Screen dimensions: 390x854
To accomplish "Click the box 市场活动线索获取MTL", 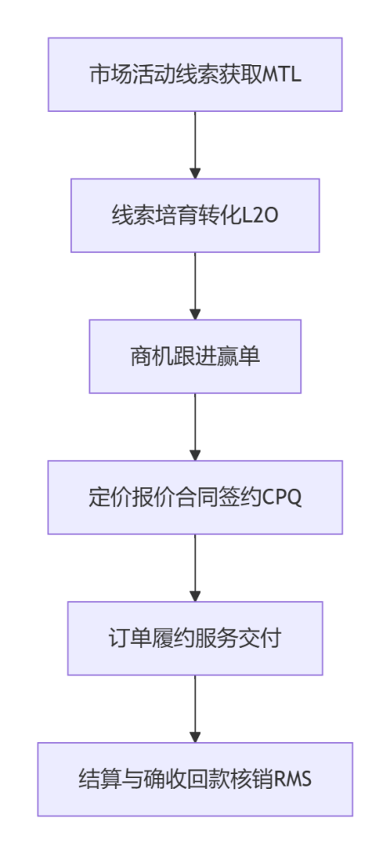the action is click(x=195, y=74).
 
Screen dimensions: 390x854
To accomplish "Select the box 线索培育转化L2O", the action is click(x=195, y=216).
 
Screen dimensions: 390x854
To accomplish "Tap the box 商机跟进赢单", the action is click(x=195, y=356).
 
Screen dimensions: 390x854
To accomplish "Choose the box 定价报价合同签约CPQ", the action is click(x=195, y=497).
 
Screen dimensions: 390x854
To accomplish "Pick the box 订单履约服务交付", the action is click(x=195, y=638).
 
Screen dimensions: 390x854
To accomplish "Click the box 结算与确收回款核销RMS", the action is click(x=195, y=780).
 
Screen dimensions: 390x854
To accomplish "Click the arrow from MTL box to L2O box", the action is click(x=195, y=145).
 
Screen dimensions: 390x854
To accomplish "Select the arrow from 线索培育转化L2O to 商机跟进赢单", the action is click(x=195, y=286).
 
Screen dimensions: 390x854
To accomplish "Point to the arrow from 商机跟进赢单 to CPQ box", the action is click(x=195, y=427).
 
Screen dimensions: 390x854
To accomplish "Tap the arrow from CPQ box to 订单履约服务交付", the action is click(x=195, y=568).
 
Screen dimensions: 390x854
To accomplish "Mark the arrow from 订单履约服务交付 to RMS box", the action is click(x=195, y=709).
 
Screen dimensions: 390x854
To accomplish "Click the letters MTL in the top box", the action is click(x=281, y=75).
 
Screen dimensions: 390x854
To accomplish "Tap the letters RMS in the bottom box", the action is click(x=293, y=780).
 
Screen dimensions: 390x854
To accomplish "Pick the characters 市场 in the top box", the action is click(x=110, y=75).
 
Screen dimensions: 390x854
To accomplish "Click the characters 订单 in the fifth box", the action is click(x=129, y=639).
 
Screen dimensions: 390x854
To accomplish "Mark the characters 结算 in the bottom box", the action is click(x=99, y=780).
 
